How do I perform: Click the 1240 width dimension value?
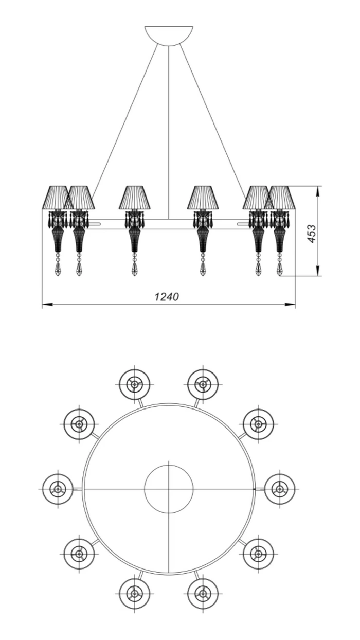(x=167, y=296)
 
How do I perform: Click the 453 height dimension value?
(x=312, y=234)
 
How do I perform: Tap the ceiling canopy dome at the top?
(x=169, y=35)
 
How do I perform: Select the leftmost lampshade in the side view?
(x=58, y=197)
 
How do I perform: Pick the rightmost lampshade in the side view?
(x=280, y=197)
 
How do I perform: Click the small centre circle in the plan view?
(x=169, y=489)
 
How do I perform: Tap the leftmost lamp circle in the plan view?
(x=58, y=489)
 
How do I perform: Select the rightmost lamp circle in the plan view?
(x=280, y=489)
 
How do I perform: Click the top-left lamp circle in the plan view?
(x=134, y=385)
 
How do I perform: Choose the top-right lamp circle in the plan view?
(x=203, y=385)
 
